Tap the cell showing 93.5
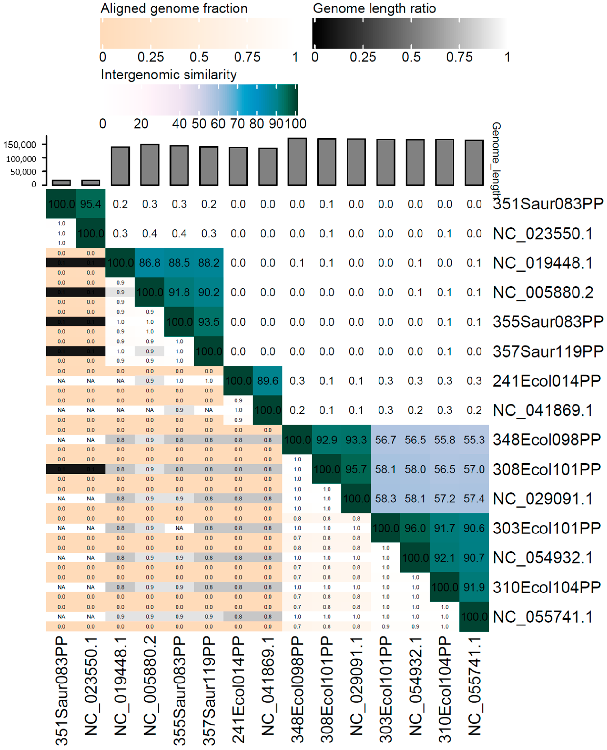[x=209, y=322]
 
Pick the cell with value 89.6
[x=268, y=381]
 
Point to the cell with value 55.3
[x=474, y=439]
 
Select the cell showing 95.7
[x=356, y=469]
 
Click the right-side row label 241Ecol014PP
[x=547, y=381]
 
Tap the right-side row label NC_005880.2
[x=543, y=292]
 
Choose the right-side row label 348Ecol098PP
[x=547, y=439]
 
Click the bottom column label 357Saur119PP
[x=209, y=690]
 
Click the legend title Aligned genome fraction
[x=174, y=8]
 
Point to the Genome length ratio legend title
[x=374, y=8]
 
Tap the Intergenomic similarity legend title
[x=169, y=75]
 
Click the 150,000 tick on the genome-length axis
[x=20, y=145]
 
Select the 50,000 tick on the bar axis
[x=23, y=172]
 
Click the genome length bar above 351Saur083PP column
[x=61, y=183]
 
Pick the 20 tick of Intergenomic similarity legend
[x=141, y=124]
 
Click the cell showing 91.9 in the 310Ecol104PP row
[x=474, y=587]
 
